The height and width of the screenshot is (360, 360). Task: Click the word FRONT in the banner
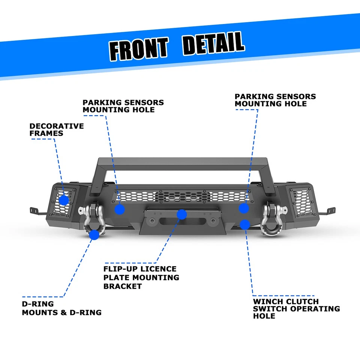138,48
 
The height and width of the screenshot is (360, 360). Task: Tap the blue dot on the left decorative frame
64,200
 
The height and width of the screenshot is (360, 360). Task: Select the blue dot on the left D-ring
94,235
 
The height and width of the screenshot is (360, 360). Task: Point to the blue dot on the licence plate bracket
181,214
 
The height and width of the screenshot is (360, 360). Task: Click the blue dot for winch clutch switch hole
245,225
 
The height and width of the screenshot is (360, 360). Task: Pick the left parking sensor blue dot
120,209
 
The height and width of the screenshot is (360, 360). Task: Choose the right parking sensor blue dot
244,208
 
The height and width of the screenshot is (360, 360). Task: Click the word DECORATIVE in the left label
57,126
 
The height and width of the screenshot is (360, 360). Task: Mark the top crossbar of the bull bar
182,162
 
